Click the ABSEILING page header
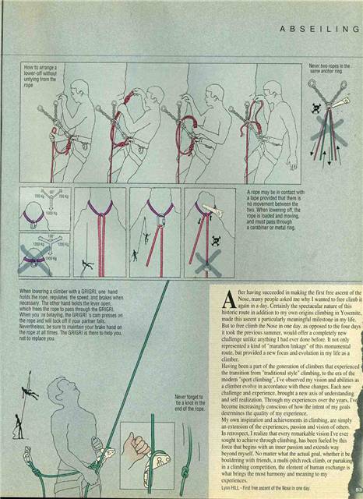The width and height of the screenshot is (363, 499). [x=317, y=29]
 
